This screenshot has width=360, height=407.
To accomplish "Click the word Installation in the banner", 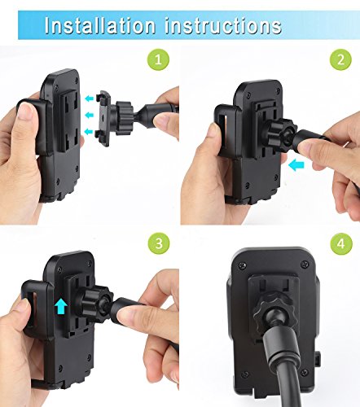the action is coord(100,25).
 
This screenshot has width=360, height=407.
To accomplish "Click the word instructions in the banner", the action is coord(223,25).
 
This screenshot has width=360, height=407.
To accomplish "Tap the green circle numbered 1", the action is coord(159,59).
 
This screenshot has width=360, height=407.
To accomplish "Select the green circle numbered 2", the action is coord(341,59).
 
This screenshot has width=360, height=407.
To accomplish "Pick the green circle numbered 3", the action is coord(159,243).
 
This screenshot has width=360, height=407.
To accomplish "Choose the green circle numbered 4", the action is coord(341,243).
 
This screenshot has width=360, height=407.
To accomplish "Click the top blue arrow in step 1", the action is coord(89,98).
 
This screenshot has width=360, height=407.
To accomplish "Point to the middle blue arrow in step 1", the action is coord(89,115).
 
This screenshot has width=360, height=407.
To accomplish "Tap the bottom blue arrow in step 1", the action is coord(89,132).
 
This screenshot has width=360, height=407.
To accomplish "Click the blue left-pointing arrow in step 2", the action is coord(296,165).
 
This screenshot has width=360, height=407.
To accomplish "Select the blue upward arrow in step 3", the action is coord(61,306).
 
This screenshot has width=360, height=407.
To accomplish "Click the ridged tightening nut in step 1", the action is coord(125,118).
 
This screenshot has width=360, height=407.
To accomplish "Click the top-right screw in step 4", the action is coord(305,264).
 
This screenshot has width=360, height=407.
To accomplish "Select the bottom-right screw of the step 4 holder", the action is coord(305,372).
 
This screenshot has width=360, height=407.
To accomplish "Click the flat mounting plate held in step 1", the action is coord(103,118).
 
